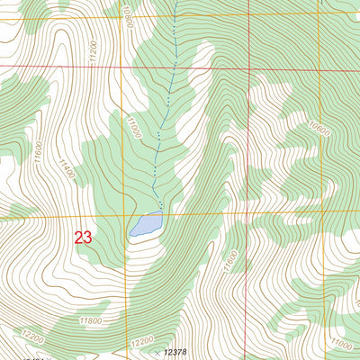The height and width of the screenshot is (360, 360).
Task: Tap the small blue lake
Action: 146,224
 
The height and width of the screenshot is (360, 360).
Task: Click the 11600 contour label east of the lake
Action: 229,261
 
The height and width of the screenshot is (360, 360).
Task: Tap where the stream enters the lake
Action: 160,214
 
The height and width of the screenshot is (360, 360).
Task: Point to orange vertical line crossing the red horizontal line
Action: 120,67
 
